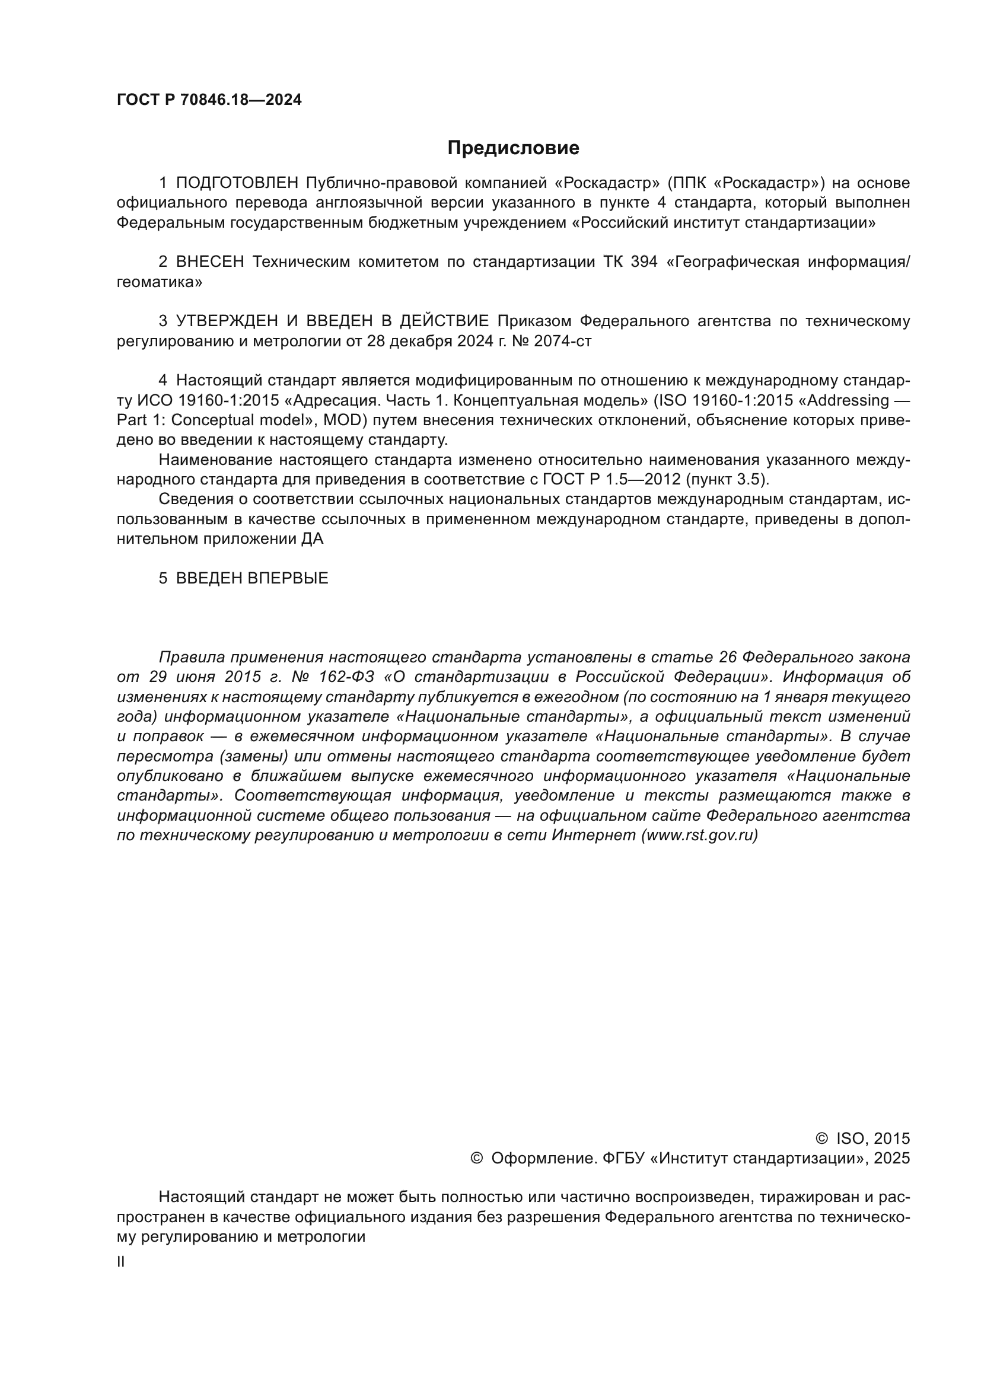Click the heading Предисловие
pos(513,148)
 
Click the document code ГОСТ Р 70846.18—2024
pos(209,100)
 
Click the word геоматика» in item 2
pos(160,282)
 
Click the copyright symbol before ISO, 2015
pos(821,1139)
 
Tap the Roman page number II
pos(121,1262)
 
